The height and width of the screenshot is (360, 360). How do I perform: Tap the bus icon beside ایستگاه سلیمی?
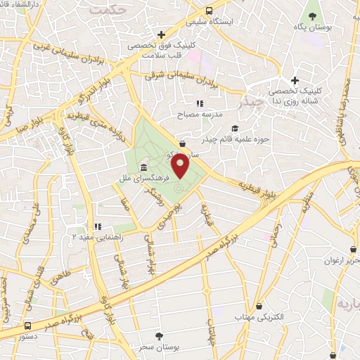pos(209,11)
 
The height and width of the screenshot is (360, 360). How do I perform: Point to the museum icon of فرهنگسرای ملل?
pos(144,167)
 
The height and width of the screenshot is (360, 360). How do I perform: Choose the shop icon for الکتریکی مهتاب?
pos(261,307)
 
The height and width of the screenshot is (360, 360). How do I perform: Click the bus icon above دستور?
pos(28,326)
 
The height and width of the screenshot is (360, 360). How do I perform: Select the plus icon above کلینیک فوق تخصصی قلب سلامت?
pos(161,34)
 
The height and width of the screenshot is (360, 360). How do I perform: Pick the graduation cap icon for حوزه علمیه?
pos(235,128)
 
